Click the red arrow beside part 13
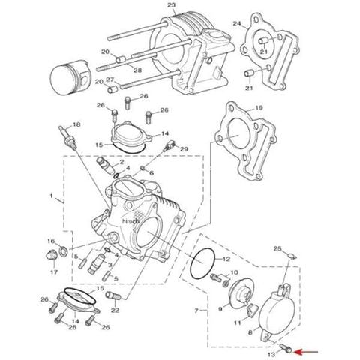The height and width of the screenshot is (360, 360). (307, 352)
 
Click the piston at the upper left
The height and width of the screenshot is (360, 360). (70, 78)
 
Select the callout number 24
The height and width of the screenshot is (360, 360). (237, 23)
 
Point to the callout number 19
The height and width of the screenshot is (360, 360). (259, 108)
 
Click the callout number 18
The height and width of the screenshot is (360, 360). (76, 124)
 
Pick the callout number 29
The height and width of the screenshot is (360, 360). (184, 149)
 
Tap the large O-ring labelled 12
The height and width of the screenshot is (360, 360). (202, 263)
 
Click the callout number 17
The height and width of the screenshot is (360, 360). (54, 272)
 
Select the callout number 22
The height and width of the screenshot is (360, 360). (115, 310)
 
